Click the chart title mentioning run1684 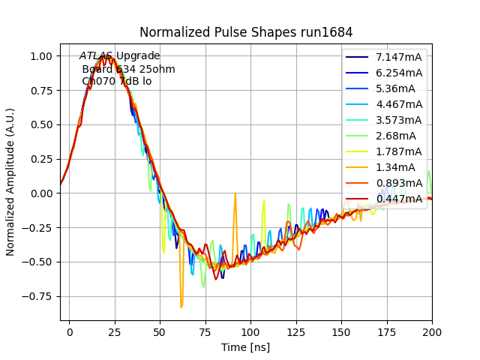click(x=246, y=32)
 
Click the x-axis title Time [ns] click(x=245, y=347)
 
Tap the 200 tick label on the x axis click(x=431, y=331)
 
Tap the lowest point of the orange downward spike click(x=181, y=307)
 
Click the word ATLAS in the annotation click(x=96, y=56)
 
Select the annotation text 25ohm click(x=160, y=69)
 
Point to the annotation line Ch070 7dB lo click(x=116, y=81)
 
